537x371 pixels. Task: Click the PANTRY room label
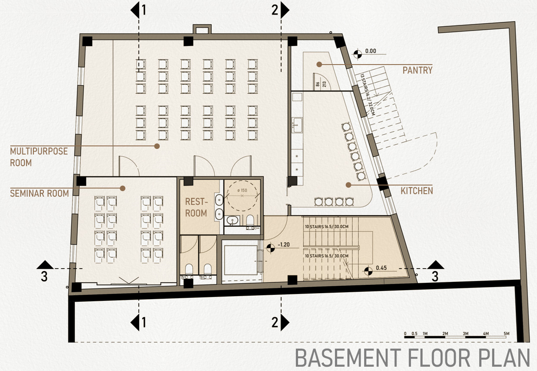coord(417,70)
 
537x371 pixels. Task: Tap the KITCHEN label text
coord(417,190)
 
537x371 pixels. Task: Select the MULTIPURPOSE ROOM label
coord(39,157)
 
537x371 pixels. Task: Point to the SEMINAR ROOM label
coord(39,193)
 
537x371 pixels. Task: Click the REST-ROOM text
coord(196,207)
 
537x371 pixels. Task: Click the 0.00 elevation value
coord(370,51)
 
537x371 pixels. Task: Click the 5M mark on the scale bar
coord(506,334)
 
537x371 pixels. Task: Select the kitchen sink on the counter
coord(297,125)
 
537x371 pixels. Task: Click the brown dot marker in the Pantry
coord(319,64)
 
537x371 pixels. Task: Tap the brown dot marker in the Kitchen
coord(348,185)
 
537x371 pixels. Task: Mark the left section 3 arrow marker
coord(44,265)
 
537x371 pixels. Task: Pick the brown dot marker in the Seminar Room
coord(122,188)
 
